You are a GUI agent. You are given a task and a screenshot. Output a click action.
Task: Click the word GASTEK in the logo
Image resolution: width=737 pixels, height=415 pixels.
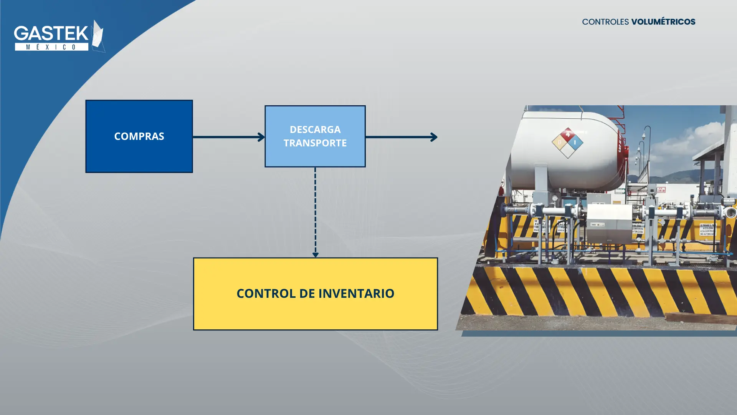(x=51, y=33)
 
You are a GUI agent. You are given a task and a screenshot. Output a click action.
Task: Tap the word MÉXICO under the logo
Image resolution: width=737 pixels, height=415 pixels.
(x=51, y=47)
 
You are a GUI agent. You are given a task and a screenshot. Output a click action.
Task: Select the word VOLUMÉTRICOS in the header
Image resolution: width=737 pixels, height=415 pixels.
(x=663, y=22)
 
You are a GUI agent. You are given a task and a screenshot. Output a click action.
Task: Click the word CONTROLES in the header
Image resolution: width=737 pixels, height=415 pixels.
(x=605, y=22)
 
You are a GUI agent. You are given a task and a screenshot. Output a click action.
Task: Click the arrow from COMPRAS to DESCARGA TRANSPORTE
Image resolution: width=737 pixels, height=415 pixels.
(x=228, y=137)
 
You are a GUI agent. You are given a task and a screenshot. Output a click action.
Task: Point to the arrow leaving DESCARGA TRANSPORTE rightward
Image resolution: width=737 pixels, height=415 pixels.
(x=401, y=137)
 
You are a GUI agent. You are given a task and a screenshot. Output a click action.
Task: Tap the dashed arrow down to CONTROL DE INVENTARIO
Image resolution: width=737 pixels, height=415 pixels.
(x=315, y=211)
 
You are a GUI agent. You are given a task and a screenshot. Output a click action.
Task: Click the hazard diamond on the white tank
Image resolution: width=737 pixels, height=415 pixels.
(x=567, y=143)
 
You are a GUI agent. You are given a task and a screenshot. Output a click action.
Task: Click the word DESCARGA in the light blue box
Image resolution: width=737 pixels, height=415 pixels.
(x=315, y=129)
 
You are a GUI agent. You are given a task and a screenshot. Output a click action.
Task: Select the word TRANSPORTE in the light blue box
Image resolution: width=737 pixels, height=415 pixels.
(x=315, y=143)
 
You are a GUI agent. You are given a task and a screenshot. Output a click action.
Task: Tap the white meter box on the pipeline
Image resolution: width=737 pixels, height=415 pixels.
(x=609, y=223)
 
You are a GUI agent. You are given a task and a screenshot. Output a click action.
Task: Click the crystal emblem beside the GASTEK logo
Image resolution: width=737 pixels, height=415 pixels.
(x=98, y=36)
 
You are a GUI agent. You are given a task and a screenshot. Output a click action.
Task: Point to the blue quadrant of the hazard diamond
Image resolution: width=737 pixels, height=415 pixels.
(x=575, y=143)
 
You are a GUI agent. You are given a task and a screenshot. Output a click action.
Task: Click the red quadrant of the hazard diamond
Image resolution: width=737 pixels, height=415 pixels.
(x=567, y=135)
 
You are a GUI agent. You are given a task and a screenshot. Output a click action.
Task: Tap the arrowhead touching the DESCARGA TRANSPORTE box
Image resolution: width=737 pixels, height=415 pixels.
(x=261, y=137)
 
